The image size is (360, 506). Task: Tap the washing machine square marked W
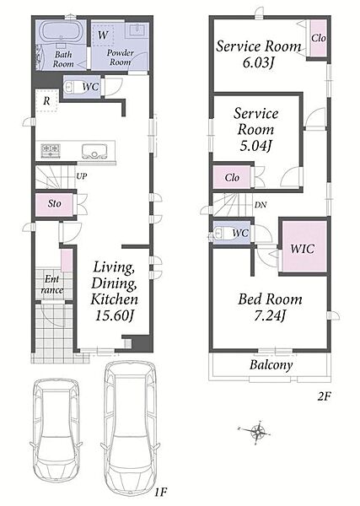click(103, 35)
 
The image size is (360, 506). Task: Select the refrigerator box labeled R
click(46, 100)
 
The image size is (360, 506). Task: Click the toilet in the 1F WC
click(72, 87)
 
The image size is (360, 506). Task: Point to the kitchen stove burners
click(51, 150)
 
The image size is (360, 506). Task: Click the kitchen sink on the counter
click(94, 151)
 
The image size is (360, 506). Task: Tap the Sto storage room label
click(55, 203)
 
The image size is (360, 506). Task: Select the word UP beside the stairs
click(82, 176)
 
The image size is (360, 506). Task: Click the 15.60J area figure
click(114, 315)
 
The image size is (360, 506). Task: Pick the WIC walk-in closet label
click(303, 249)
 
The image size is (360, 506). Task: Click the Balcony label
click(271, 365)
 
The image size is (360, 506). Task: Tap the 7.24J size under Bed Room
click(270, 315)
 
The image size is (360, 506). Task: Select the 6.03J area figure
click(258, 62)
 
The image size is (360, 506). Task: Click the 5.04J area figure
click(255, 146)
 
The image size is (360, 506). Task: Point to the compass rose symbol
click(257, 431)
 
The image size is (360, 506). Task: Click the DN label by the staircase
click(261, 205)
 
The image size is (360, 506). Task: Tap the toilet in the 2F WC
click(219, 234)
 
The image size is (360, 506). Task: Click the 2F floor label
click(324, 396)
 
